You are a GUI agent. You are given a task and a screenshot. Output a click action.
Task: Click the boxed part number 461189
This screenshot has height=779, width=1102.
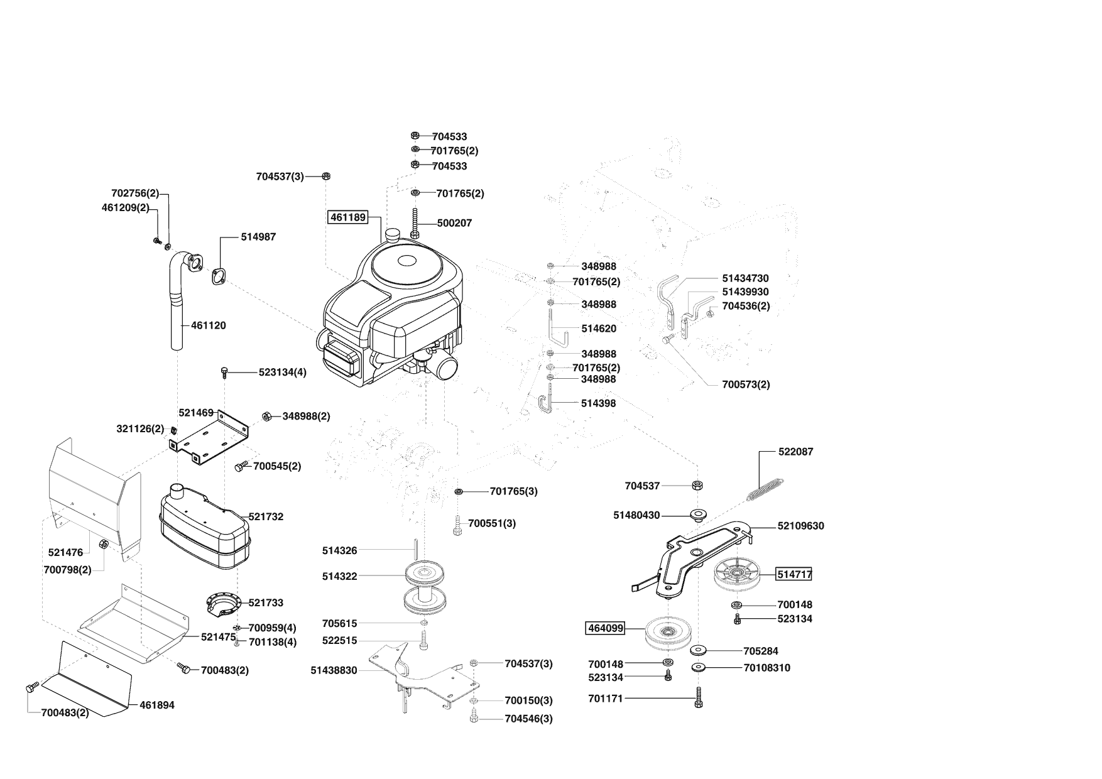click(x=347, y=217)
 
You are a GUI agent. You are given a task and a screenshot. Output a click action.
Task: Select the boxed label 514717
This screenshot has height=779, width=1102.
click(x=794, y=574)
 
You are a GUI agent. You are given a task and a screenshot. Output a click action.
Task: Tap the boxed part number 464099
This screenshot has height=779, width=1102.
click(x=605, y=628)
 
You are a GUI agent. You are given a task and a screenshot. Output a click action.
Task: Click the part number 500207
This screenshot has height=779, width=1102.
click(x=454, y=223)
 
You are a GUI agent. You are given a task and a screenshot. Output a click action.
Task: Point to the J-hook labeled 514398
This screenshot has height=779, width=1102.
click(x=546, y=403)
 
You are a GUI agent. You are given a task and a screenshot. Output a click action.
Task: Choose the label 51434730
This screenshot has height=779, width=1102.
click(x=745, y=278)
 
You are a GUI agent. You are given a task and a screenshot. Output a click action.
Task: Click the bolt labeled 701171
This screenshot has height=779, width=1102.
click(x=699, y=698)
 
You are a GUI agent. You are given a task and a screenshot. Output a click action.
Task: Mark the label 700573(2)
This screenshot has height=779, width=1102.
click(x=746, y=384)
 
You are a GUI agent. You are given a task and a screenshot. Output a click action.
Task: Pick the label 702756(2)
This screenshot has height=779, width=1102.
click(x=135, y=193)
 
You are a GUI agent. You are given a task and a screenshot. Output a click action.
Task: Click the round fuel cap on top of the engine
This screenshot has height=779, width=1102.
click(x=394, y=235)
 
